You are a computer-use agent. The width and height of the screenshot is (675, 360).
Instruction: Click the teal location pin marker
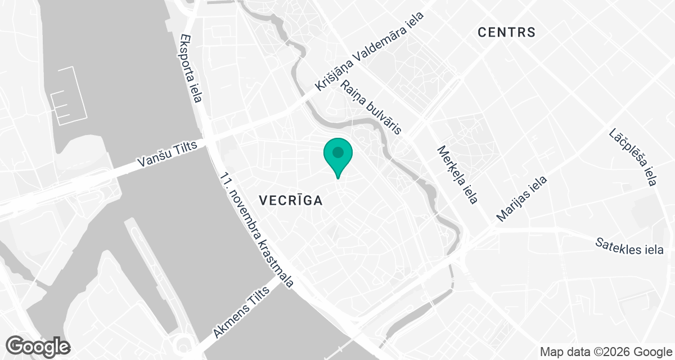(x=337, y=157)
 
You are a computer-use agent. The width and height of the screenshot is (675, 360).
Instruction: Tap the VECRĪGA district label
(x=290, y=200)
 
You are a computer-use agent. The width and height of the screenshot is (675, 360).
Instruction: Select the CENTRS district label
(x=506, y=32)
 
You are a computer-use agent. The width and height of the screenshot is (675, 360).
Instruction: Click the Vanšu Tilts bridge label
(x=167, y=154)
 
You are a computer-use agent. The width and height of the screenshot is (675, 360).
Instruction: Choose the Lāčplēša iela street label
(x=633, y=157)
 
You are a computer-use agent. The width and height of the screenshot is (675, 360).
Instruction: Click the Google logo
(x=38, y=346)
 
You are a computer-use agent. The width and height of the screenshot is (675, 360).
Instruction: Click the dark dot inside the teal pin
(x=337, y=152)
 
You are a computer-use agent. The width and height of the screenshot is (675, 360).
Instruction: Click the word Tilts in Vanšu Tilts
(x=184, y=149)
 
